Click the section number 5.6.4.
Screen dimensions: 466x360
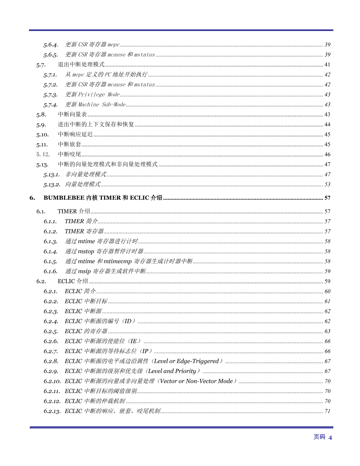(x=51, y=45)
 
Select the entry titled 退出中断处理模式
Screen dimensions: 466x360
(x=81, y=65)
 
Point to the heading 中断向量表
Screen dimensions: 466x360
(x=72, y=115)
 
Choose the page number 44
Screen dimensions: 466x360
(x=327, y=125)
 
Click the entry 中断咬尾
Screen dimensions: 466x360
(x=69, y=155)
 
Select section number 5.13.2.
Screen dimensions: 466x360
(x=52, y=184)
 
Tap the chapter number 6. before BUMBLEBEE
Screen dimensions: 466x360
(x=33, y=198)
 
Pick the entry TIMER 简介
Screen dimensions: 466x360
(x=81, y=222)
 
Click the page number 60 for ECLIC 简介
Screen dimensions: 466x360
(x=327, y=291)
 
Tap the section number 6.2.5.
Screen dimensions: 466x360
(x=51, y=331)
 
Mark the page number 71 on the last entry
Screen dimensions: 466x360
(x=327, y=411)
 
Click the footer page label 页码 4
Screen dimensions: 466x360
(x=323, y=437)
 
